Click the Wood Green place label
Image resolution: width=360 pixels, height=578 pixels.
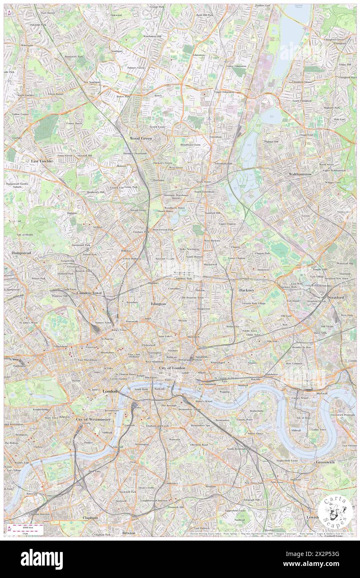pyautogui.click(x=141, y=138)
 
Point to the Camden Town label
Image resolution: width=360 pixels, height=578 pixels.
pyautogui.click(x=89, y=293)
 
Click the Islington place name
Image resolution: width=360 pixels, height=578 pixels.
pyautogui.click(x=158, y=304)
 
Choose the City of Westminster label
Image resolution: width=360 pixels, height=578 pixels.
pyautogui.click(x=93, y=420)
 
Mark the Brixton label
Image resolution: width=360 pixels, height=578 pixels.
pyautogui.click(x=129, y=532)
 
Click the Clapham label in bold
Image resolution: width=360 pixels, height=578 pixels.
pyautogui.click(x=90, y=518)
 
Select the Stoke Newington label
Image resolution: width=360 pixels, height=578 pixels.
pyautogui.click(x=189, y=249)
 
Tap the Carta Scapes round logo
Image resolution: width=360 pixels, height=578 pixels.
pyautogui.click(x=335, y=513)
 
